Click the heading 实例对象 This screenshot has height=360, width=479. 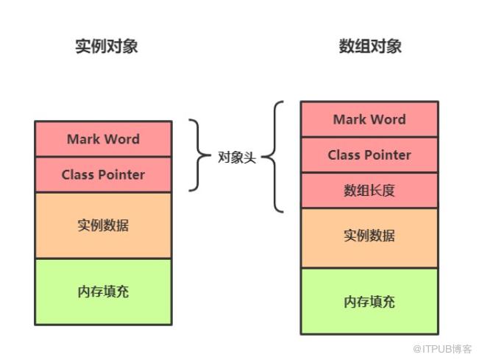coord(106,46)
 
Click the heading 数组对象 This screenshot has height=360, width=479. coord(370,46)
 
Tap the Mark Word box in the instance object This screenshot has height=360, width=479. coord(103,139)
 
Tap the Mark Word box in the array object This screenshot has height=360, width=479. coord(369,119)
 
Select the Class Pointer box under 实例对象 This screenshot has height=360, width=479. coord(103,174)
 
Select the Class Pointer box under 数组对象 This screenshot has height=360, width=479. coord(369,155)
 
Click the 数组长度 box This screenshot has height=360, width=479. coord(369,191)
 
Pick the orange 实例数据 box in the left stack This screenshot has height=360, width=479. coord(103,225)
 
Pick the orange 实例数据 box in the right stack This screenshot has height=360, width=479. coord(369,236)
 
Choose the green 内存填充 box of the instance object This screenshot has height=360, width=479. coord(103,292)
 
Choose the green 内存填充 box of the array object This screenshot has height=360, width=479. coord(369,302)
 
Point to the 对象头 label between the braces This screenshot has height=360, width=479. coord(237,157)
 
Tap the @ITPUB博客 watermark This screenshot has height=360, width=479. coord(443,349)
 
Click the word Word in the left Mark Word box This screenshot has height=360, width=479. coord(122,139)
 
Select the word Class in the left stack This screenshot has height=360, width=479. coord(79,174)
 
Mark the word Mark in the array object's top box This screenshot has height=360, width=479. coord(350,119)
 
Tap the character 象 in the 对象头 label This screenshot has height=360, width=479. coord(237,157)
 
